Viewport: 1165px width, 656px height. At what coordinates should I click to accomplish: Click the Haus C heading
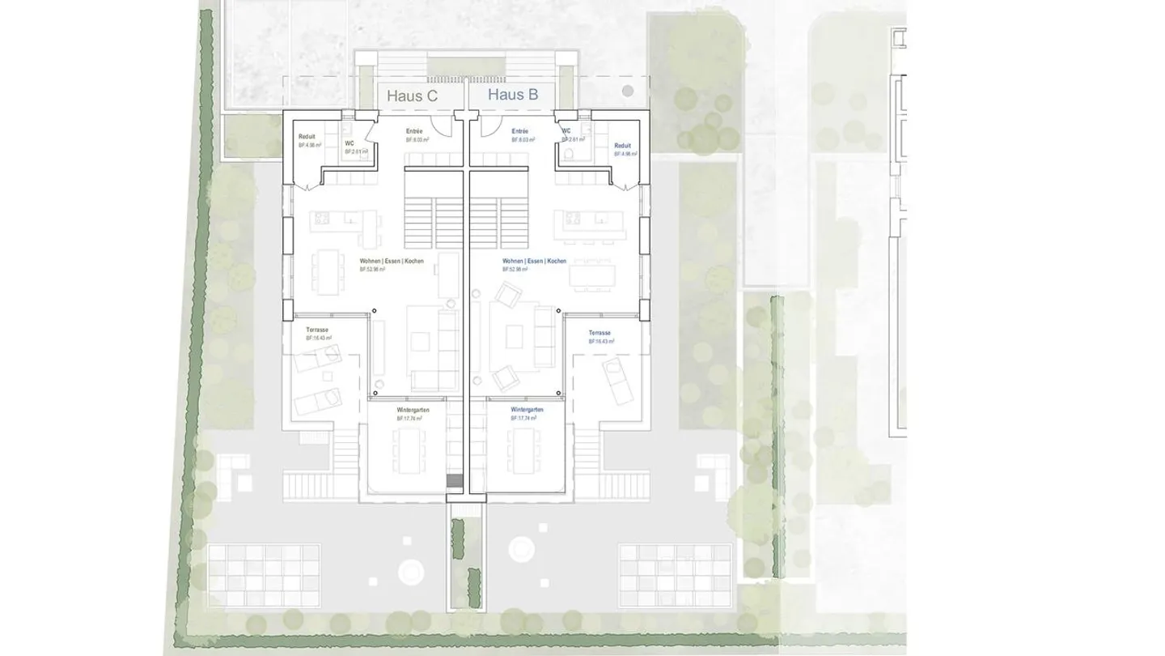tap(412, 96)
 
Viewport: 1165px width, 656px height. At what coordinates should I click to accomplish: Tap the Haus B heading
tap(513, 95)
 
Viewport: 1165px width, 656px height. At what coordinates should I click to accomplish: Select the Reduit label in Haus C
tap(307, 137)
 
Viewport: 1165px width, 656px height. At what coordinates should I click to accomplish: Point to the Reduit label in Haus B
tap(622, 146)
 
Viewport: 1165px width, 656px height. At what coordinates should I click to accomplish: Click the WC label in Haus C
tap(349, 143)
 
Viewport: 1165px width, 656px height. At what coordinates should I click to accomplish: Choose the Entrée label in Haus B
tap(519, 131)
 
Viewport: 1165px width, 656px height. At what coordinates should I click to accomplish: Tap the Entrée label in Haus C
tap(414, 131)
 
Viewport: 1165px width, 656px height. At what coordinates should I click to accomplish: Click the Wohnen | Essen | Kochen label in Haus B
tap(534, 261)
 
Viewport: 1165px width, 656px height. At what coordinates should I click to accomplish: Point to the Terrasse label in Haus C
tap(317, 330)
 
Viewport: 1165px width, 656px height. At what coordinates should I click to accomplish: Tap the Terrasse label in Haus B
tap(599, 333)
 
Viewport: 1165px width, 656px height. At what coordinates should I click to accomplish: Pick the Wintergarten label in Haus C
tap(413, 411)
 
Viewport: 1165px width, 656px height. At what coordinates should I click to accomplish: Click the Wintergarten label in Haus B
tap(527, 410)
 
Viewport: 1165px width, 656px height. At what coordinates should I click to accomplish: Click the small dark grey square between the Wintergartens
tap(454, 481)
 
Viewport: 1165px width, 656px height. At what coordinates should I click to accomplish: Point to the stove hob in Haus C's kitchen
tap(321, 217)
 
